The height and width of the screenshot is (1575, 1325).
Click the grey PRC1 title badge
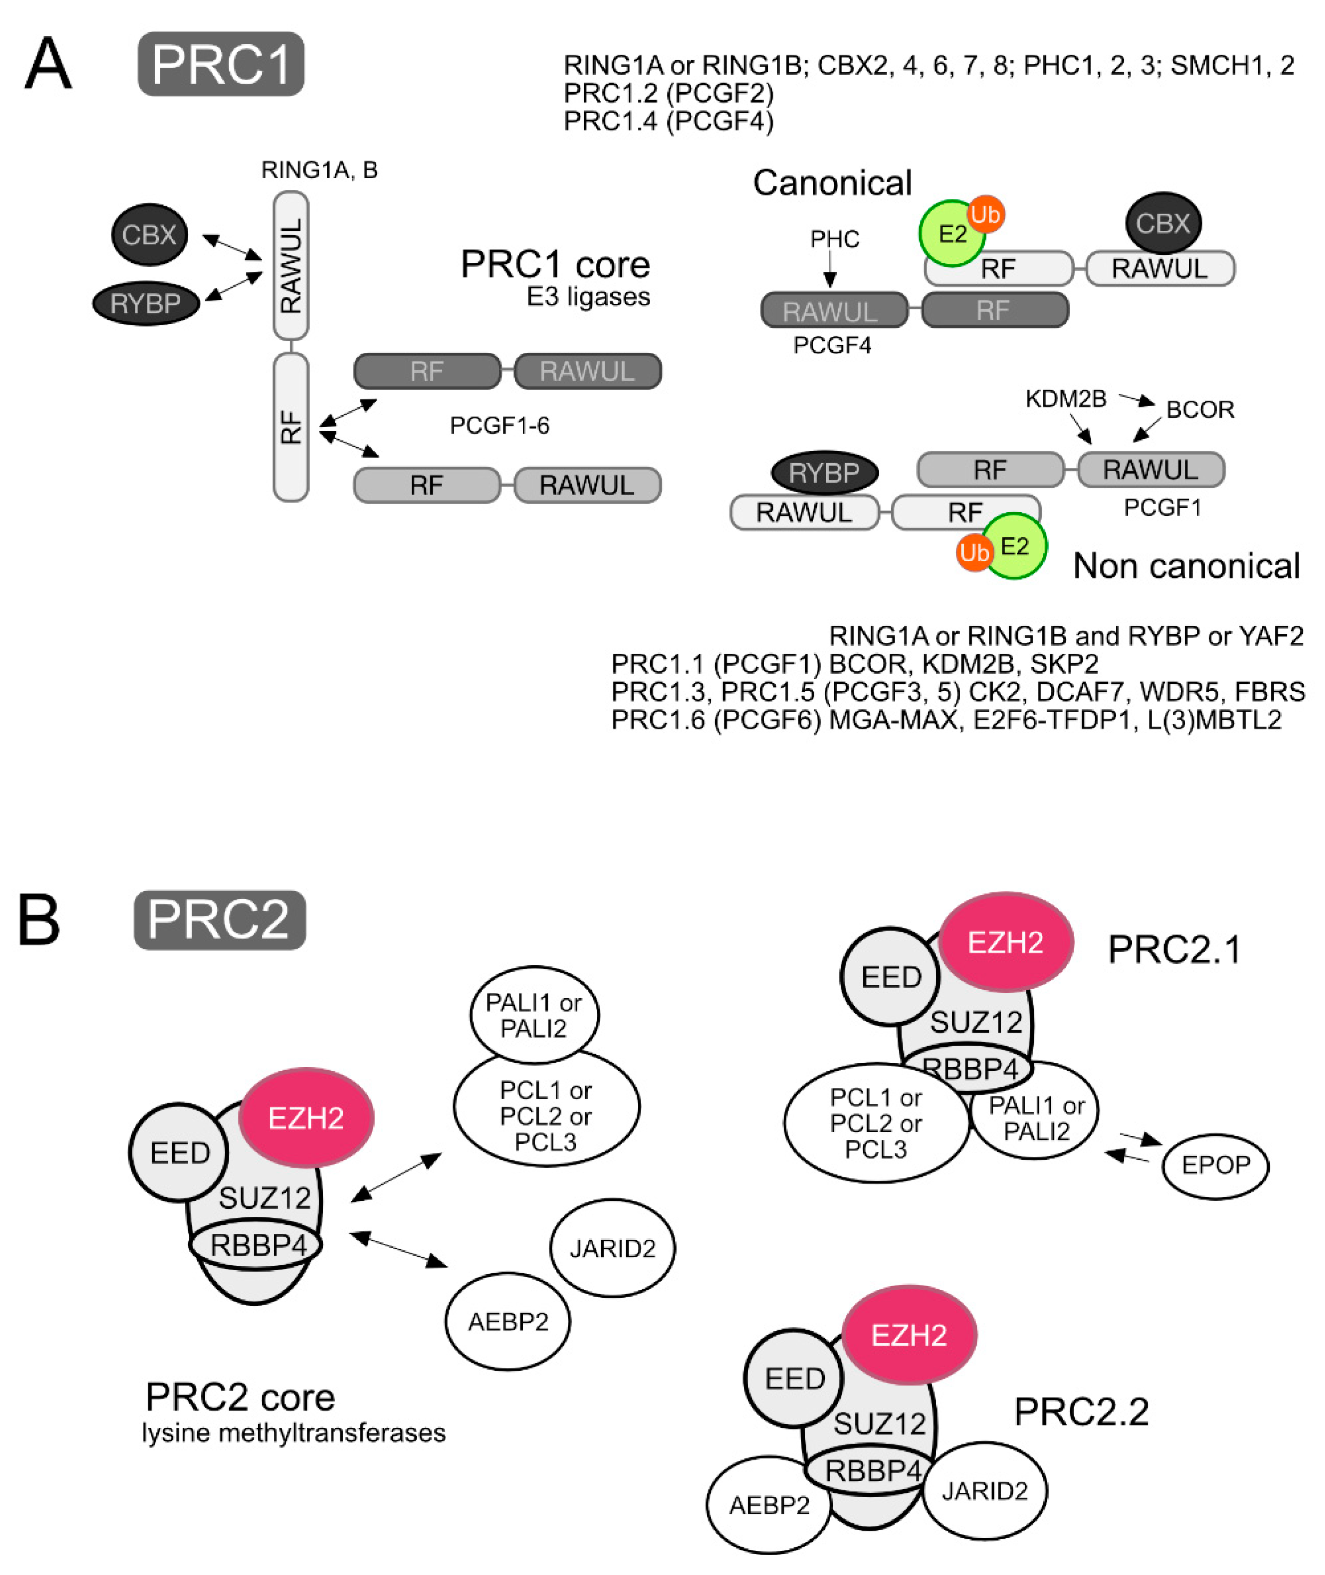pos(221,64)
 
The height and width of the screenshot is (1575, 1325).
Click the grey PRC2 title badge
pos(219,920)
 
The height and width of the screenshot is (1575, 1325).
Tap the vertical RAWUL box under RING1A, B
pos(291,265)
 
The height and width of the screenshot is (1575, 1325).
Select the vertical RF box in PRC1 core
pos(291,427)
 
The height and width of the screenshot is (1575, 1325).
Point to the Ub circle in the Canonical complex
pos(985,215)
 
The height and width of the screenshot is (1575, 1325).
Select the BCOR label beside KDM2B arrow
pos(1199,409)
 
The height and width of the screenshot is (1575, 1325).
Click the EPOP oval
pos(1214,1165)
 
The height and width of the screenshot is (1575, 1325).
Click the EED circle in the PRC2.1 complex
pos(891,977)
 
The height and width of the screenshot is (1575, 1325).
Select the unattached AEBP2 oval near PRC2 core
pos(508,1321)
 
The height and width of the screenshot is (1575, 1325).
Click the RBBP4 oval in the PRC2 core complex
pos(257,1245)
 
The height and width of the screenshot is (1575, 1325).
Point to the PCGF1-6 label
pos(499,426)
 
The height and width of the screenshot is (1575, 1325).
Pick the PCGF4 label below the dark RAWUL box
pos(832,345)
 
